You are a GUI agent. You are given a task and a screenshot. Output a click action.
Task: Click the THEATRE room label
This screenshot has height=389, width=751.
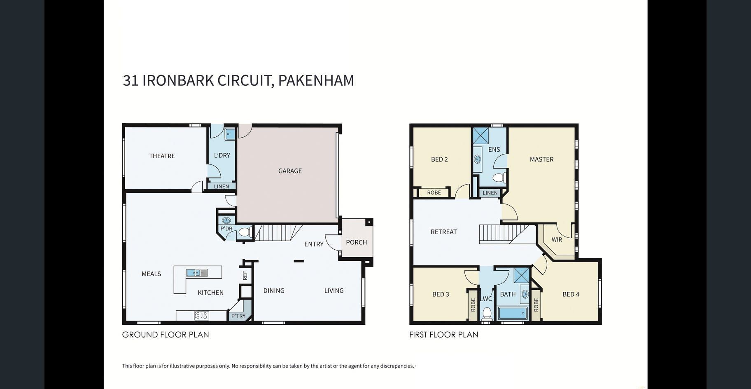pyautogui.click(x=162, y=156)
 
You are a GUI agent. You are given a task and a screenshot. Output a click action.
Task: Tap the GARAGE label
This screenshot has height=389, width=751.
pyautogui.click(x=290, y=171)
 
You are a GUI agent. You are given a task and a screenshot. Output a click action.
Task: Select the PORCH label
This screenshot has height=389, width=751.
pyautogui.click(x=356, y=242)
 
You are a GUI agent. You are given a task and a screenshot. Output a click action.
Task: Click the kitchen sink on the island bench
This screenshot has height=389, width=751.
pyautogui.click(x=197, y=272)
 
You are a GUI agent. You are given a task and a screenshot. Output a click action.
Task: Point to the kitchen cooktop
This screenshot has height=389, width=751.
pyautogui.click(x=201, y=316)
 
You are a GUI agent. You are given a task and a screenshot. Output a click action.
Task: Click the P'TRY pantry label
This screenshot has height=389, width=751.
pyautogui.click(x=238, y=316)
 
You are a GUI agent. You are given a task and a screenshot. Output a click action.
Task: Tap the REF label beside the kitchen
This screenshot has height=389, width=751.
pyautogui.click(x=245, y=275)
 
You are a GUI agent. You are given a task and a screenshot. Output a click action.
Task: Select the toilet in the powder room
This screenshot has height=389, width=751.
pyautogui.click(x=245, y=232)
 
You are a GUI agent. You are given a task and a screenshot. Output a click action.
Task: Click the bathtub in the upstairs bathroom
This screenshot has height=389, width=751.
pyautogui.click(x=513, y=313)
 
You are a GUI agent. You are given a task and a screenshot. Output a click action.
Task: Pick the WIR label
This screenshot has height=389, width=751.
pyautogui.click(x=557, y=239)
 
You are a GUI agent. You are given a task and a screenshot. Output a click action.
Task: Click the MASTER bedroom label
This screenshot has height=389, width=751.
pyautogui.click(x=541, y=159)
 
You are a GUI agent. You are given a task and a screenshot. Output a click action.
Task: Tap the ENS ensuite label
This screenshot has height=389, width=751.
pyautogui.click(x=494, y=150)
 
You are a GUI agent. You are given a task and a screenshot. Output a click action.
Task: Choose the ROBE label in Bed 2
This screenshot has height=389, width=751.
pyautogui.click(x=434, y=192)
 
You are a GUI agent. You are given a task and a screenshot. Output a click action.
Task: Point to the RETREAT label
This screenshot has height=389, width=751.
pyautogui.click(x=443, y=232)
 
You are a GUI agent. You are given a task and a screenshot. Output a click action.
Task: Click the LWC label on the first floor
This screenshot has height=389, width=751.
pyautogui.click(x=486, y=299)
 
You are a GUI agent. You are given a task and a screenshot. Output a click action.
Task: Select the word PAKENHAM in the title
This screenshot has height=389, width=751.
pyautogui.click(x=316, y=80)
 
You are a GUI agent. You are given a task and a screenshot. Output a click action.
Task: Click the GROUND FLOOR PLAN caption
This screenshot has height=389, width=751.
pyautogui.click(x=166, y=335)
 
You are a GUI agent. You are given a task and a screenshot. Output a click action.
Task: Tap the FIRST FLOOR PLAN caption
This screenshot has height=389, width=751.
pyautogui.click(x=443, y=335)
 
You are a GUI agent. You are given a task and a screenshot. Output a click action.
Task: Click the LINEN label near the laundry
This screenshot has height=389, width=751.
pyautogui.click(x=221, y=187)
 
